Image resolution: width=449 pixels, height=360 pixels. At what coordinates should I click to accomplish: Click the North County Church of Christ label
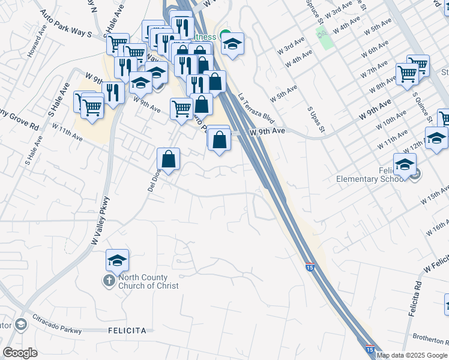coord(148,281)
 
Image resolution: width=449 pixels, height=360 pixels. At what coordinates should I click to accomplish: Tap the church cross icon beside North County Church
coord(109,281)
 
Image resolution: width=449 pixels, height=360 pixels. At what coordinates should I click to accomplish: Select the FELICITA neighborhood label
coord(127,331)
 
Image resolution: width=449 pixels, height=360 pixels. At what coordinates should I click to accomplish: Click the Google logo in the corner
coord(20,353)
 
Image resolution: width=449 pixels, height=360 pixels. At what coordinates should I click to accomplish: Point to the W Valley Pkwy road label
coord(101,221)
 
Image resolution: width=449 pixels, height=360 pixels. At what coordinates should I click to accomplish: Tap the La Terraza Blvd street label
coord(256,108)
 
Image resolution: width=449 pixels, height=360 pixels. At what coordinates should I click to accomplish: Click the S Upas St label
coord(316,120)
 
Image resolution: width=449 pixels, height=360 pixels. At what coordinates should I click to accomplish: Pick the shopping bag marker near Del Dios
coord(169,160)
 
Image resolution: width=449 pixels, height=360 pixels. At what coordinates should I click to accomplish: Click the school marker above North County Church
coord(118,260)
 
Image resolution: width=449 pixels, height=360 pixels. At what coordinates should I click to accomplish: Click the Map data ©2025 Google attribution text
coord(412,355)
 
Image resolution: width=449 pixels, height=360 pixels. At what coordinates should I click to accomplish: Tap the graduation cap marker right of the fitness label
coord(232,44)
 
